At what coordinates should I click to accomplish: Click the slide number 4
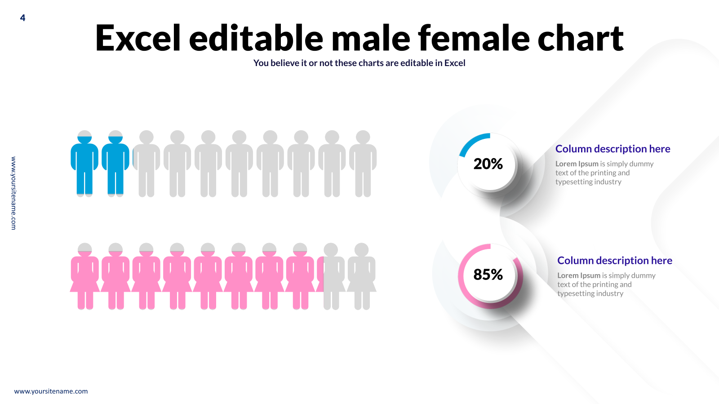(22, 18)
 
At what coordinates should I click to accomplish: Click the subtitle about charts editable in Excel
(359, 63)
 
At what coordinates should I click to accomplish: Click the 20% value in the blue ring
(488, 164)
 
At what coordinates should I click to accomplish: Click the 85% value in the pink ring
(488, 275)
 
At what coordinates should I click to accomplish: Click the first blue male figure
(84, 164)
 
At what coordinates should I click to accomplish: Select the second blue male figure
(115, 164)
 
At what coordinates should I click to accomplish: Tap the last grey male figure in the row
(363, 164)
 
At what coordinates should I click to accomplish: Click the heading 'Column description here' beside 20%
(613, 149)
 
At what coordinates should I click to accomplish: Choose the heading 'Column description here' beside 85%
(615, 261)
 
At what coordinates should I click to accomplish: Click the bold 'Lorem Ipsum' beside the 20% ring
(577, 164)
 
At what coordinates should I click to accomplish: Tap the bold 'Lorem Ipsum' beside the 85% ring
(579, 275)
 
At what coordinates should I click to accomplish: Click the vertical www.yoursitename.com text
(13, 193)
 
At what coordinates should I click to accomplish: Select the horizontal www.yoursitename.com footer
(51, 391)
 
